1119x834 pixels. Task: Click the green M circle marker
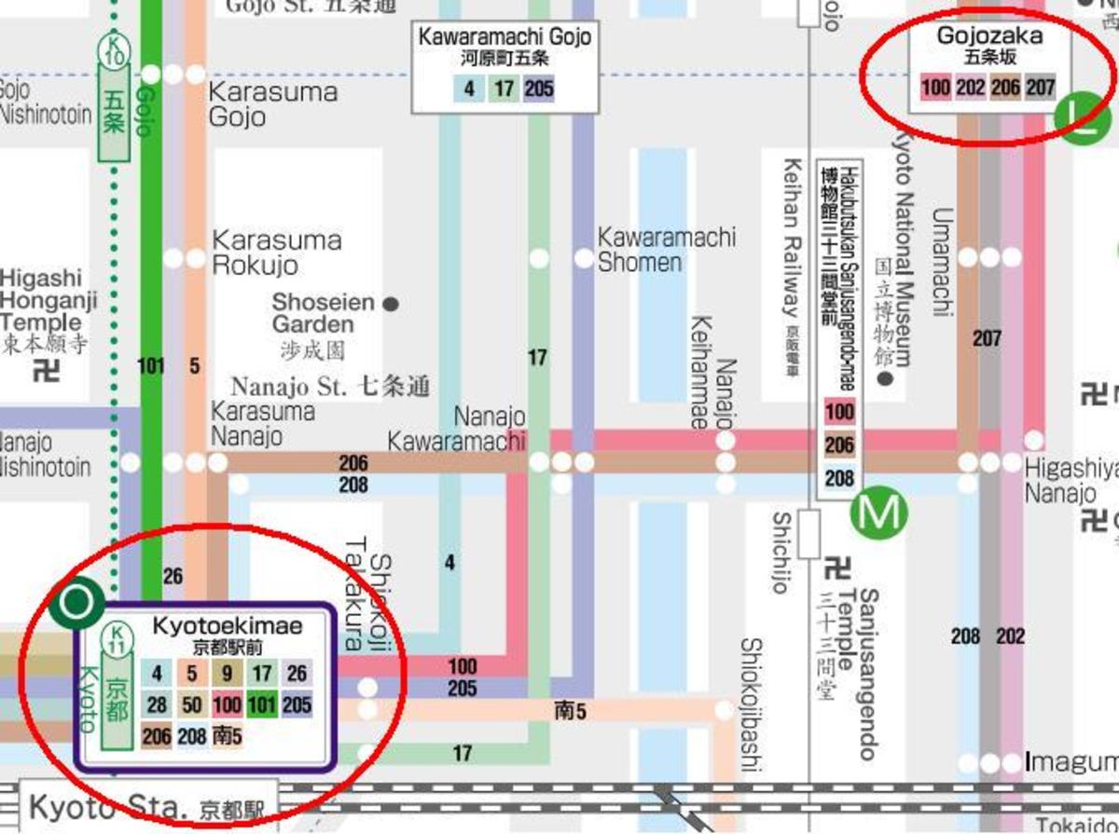click(879, 512)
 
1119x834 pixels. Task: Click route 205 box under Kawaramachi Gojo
click(539, 89)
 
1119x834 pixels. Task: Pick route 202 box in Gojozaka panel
click(970, 89)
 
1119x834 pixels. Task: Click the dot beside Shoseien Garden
click(392, 304)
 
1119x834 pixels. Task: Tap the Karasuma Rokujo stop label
click(276, 253)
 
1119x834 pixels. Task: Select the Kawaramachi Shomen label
click(666, 250)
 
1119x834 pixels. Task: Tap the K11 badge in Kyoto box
click(117, 639)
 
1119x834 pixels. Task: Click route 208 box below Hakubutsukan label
click(839, 478)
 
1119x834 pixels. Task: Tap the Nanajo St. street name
click(330, 385)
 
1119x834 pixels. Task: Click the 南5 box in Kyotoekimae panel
click(227, 736)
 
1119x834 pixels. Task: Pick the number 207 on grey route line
click(987, 338)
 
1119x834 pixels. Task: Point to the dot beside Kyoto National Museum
click(885, 379)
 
